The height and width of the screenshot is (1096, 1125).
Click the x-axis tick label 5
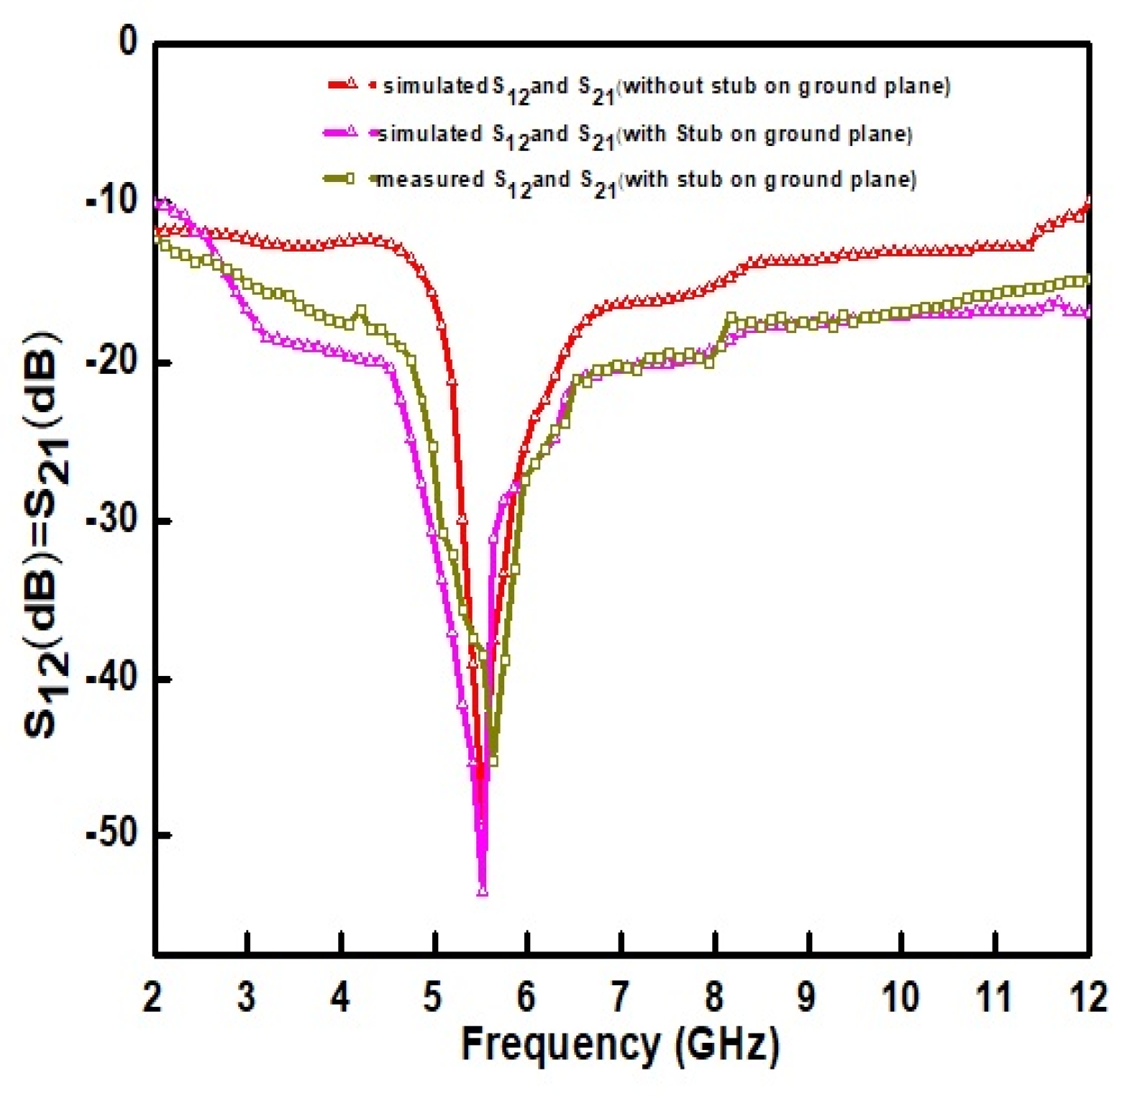pyautogui.click(x=432, y=996)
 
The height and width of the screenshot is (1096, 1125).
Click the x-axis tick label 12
pyautogui.click(x=1087, y=996)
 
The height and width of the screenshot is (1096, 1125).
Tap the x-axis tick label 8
pyautogui.click(x=714, y=996)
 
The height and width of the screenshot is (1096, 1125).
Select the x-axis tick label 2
pyautogui.click(x=152, y=996)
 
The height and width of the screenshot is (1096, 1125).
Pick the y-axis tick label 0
pyautogui.click(x=128, y=42)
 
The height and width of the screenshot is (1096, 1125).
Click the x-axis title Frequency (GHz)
pyautogui.click(x=619, y=1044)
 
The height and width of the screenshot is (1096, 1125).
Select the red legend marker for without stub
pyautogui.click(x=350, y=83)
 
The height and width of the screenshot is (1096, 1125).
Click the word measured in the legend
pyautogui.click(x=430, y=178)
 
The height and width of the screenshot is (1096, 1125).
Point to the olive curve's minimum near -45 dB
pyautogui.click(x=493, y=760)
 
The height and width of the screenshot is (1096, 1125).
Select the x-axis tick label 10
pyautogui.click(x=900, y=996)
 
